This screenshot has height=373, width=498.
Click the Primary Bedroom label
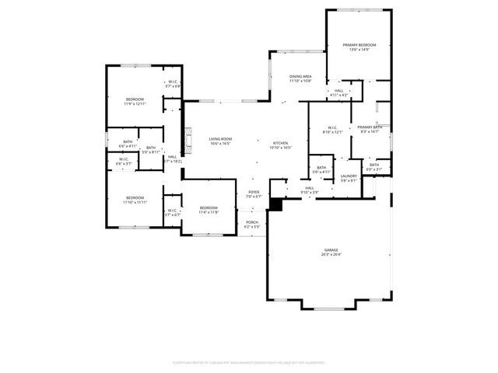pyautogui.click(x=359, y=46)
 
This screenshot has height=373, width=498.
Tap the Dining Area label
pyautogui.click(x=300, y=76)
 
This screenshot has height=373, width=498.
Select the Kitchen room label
pyautogui.click(x=280, y=143)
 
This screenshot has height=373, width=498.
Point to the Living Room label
pyautogui.click(x=220, y=139)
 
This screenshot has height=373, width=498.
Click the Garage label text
pyautogui.click(x=331, y=249)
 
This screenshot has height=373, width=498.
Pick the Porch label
pyautogui.click(x=251, y=222)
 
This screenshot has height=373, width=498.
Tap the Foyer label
pyautogui.click(x=254, y=192)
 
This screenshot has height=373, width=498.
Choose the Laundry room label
pyautogui.click(x=349, y=176)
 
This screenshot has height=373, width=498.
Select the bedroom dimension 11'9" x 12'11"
pyautogui.click(x=135, y=104)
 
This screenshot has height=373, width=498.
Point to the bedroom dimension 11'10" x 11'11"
pyautogui.click(x=135, y=203)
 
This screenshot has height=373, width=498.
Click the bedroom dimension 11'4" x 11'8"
pyautogui.click(x=209, y=212)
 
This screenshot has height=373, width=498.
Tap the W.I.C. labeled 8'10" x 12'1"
pyautogui.click(x=332, y=132)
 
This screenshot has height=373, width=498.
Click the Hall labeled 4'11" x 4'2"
pyautogui.click(x=339, y=95)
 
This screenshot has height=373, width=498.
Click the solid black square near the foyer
pyautogui.click(x=275, y=204)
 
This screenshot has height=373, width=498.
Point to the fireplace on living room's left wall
pyautogui.click(x=185, y=140)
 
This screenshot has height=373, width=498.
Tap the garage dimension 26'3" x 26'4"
pyautogui.click(x=331, y=254)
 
